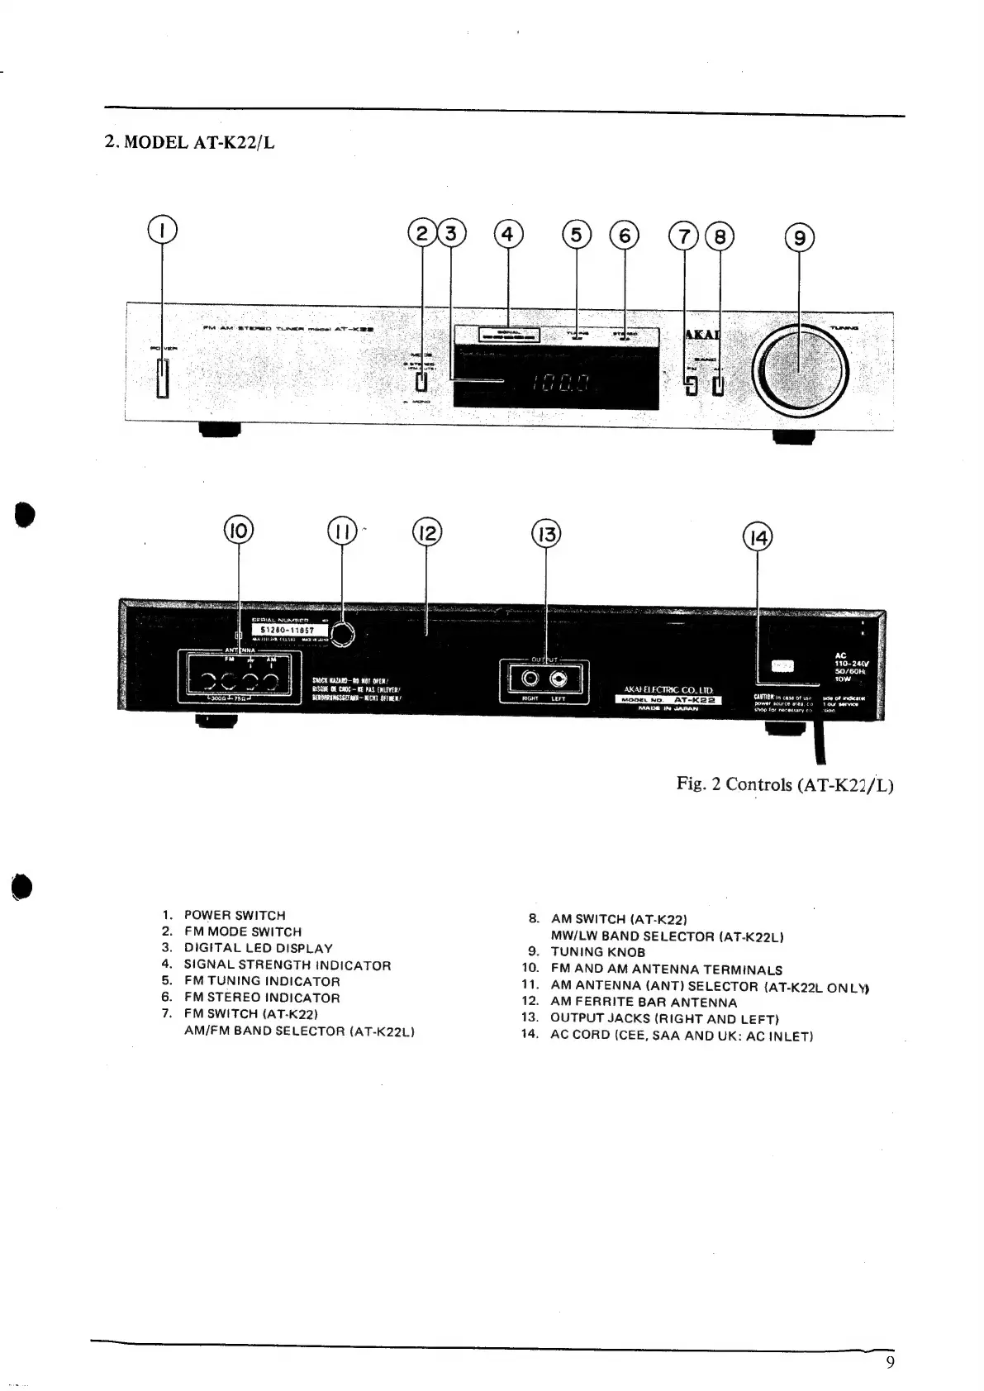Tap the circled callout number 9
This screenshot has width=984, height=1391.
[x=799, y=238]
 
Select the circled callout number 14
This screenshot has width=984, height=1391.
[x=757, y=538]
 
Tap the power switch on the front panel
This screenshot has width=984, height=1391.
[x=162, y=379]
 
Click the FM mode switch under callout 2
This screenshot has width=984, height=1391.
[x=421, y=382]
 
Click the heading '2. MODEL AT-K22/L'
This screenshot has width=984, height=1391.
[x=190, y=142]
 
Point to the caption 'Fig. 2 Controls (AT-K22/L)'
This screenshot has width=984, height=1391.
[x=784, y=784]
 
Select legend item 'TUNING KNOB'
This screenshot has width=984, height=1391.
[x=597, y=952]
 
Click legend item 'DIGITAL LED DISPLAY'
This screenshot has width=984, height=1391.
[x=258, y=948]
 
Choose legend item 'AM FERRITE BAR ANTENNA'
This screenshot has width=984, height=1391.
[x=644, y=1002]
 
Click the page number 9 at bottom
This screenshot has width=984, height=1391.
[x=889, y=1363]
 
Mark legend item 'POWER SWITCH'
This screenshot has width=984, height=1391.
[x=234, y=915]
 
